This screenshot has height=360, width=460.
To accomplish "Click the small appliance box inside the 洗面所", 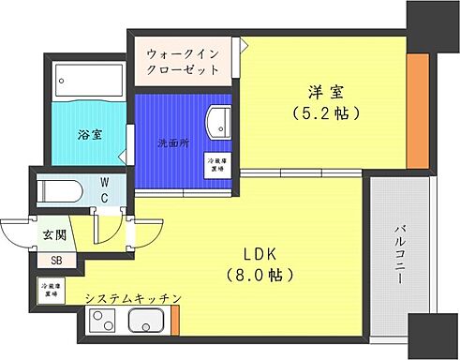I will (216, 164).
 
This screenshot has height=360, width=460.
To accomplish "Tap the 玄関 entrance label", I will (53, 232).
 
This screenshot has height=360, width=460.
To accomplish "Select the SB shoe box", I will (57, 262).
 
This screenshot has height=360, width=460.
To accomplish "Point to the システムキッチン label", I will (132, 298).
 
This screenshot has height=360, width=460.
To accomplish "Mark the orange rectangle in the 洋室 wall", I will (417, 107).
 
